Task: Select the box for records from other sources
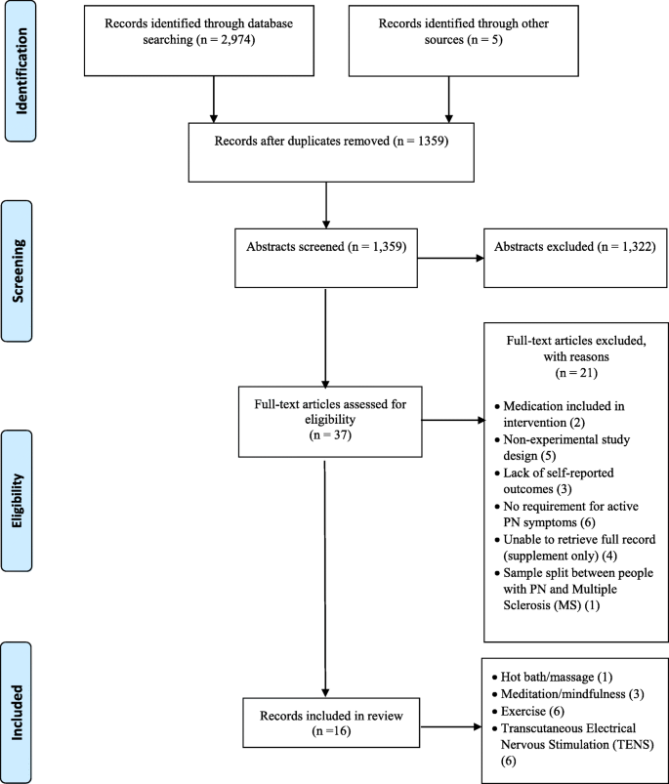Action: (x=449, y=39)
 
